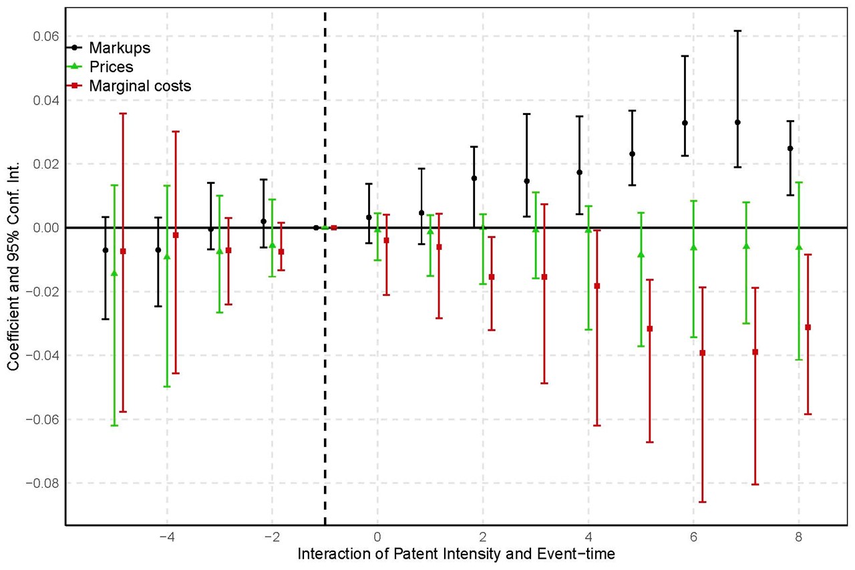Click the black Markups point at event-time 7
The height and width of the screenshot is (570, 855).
[x=737, y=122]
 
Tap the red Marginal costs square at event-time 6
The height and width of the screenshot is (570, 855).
[x=702, y=353]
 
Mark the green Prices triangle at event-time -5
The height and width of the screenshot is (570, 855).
[x=114, y=273]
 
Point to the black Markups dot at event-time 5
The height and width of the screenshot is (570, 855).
[x=632, y=154]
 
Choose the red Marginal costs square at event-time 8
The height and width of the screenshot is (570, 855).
[x=808, y=327]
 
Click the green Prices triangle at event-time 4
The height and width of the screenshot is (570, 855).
[x=588, y=229]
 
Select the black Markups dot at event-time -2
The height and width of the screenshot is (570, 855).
[x=264, y=221]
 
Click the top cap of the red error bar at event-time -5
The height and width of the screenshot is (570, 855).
[x=123, y=114]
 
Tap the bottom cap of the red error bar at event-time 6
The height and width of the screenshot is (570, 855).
[x=702, y=502]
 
